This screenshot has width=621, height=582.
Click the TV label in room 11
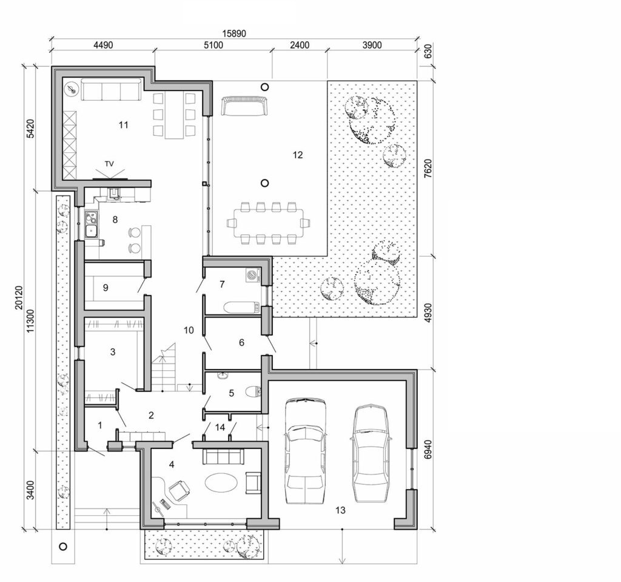pos(110,164)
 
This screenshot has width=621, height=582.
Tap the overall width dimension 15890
pos(233,33)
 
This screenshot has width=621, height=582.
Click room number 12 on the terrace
pos(297,155)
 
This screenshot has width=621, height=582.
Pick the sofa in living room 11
pos(111,92)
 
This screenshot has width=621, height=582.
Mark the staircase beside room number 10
pos(163,367)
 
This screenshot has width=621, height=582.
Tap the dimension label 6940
pos(428,448)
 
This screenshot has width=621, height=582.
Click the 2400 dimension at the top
pos(299,45)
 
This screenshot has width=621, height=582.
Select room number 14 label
pos(220,428)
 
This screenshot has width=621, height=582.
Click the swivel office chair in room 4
pos(180,489)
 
